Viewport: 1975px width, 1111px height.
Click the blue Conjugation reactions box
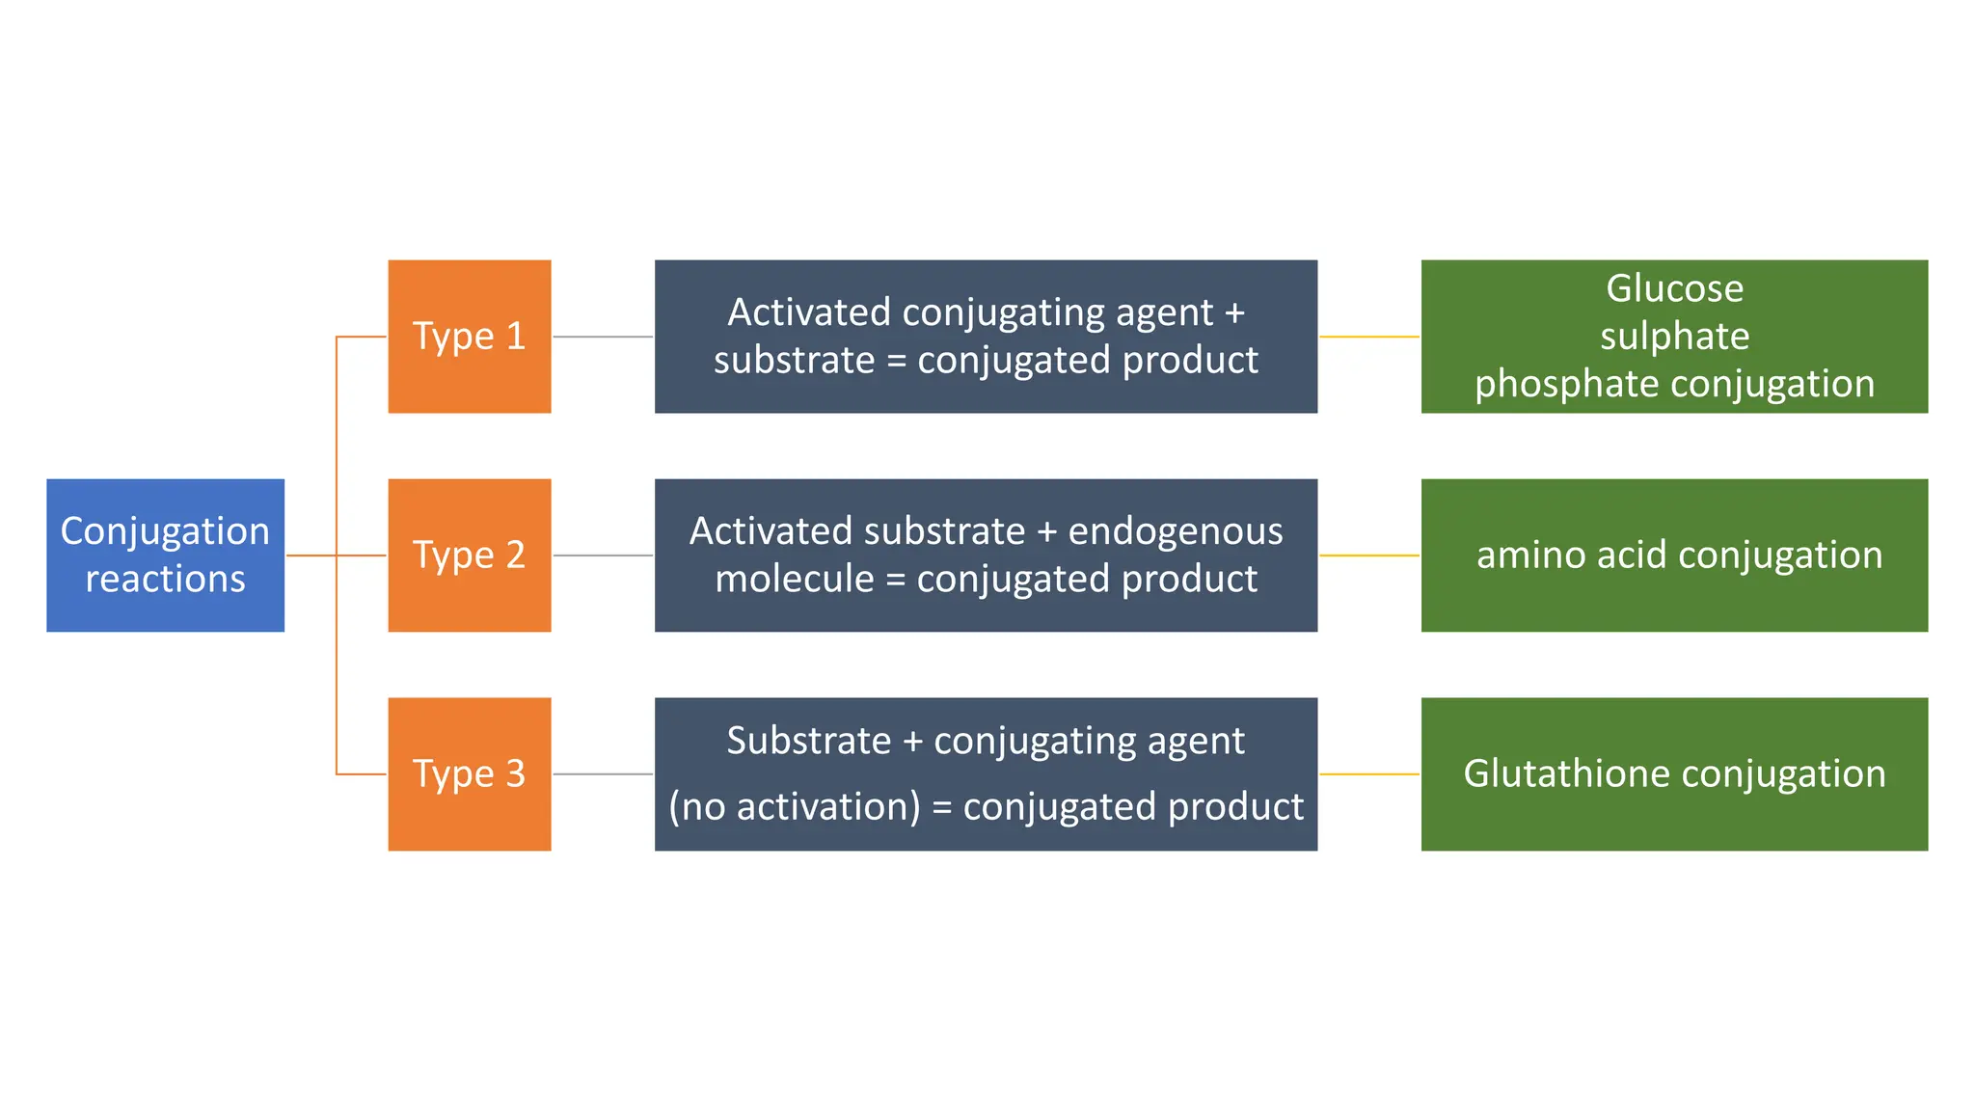[x=165, y=555]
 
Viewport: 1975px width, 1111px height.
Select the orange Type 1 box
[x=469, y=336]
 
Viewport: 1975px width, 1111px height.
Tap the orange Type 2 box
[x=469, y=555]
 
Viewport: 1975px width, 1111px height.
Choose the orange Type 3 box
[x=469, y=773]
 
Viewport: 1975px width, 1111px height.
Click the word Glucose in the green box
[x=1674, y=288]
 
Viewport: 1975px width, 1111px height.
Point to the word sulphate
[x=1674, y=336]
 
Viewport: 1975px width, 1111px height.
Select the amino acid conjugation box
[x=1674, y=555]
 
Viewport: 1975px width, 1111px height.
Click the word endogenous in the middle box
[x=1175, y=531]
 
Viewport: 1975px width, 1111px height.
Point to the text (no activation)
[x=795, y=806]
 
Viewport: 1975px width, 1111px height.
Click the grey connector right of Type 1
[x=603, y=337]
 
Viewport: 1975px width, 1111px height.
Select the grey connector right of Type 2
[x=603, y=555]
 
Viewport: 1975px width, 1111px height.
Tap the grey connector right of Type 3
[x=603, y=773]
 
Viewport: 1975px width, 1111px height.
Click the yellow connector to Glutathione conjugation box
[x=1368, y=773]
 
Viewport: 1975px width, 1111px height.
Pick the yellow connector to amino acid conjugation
[x=1368, y=555]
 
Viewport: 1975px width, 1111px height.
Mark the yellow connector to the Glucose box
[x=1368, y=337]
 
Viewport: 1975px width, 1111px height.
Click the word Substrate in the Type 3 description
[x=808, y=741]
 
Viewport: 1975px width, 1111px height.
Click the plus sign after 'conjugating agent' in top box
[x=1234, y=313]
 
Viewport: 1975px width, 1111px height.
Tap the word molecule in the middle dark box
[x=794, y=579]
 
